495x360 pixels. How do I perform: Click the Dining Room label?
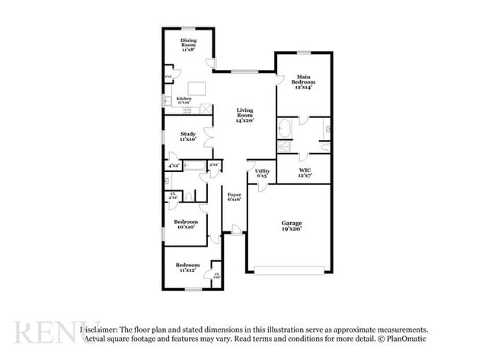pos(188,44)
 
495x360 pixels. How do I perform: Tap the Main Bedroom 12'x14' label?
pos(304,81)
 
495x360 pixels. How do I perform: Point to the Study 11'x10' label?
pos(188,137)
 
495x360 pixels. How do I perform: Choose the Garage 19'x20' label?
pos(289,225)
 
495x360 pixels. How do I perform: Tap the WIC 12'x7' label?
pos(305,173)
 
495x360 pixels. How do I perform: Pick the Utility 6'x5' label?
pos(262,173)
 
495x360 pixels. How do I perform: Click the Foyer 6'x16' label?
pos(235,197)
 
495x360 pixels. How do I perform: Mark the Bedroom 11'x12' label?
pos(188,267)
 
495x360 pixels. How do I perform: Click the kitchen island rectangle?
pos(199,86)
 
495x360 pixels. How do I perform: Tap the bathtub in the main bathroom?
pos(285,126)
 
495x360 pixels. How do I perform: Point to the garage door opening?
pos(289,269)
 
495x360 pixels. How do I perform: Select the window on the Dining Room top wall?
pos(188,29)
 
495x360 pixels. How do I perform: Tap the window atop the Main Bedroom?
pos(304,53)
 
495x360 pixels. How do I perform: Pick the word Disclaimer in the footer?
pos(101,329)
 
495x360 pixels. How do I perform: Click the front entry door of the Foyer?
pos(236,230)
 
